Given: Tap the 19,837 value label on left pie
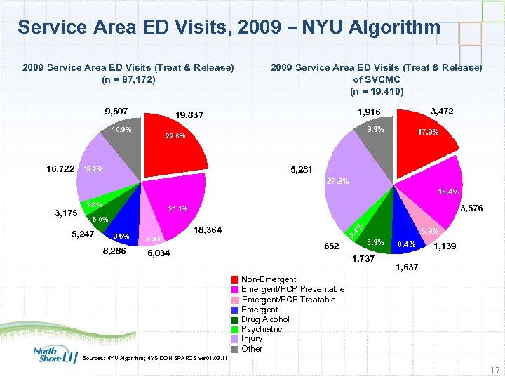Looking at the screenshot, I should point(190,116).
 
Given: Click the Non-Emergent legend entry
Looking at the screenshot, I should point(267,279).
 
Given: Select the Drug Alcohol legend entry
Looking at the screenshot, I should point(264,319).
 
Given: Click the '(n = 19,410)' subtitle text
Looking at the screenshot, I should point(377,91).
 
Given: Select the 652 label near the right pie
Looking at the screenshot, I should point(332,246).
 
